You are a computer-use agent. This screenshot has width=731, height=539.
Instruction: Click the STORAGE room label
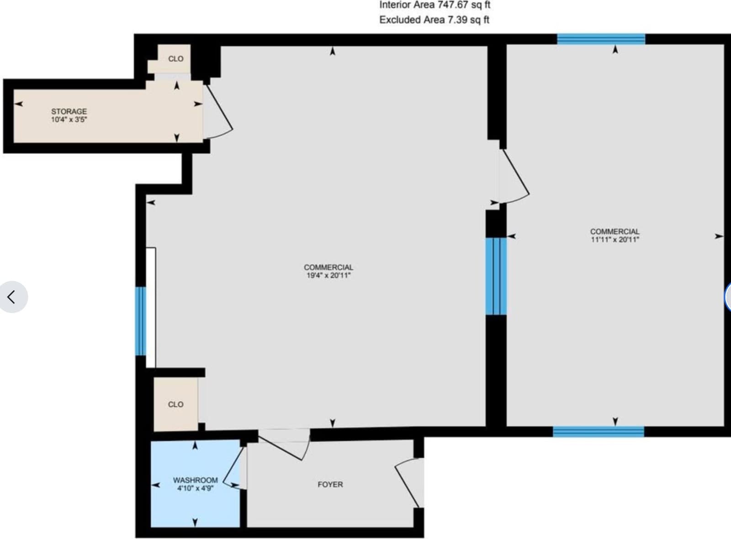[69, 111]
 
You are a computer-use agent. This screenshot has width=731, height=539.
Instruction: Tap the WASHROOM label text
[195, 480]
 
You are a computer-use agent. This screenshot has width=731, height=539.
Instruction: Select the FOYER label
[330, 484]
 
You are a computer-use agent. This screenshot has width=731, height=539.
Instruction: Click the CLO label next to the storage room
[175, 59]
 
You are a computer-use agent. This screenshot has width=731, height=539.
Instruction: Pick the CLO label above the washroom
[175, 404]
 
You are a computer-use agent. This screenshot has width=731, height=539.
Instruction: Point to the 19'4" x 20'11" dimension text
[328, 276]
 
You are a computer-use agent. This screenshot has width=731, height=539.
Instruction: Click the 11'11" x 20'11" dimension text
[614, 240]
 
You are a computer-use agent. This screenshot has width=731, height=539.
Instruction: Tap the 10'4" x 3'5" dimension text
[69, 120]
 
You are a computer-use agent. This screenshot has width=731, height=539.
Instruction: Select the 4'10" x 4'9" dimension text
[195, 488]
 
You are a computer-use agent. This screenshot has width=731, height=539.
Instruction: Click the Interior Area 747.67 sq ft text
[434, 5]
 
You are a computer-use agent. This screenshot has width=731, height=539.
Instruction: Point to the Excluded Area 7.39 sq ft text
[434, 20]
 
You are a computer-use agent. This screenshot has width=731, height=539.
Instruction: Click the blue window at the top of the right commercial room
[601, 39]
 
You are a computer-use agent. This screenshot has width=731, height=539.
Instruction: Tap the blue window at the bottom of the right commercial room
[599, 431]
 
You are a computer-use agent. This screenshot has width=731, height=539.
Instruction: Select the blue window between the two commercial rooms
[496, 276]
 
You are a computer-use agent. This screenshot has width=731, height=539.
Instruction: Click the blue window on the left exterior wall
[141, 321]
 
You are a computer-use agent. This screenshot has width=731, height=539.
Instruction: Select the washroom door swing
[234, 468]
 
